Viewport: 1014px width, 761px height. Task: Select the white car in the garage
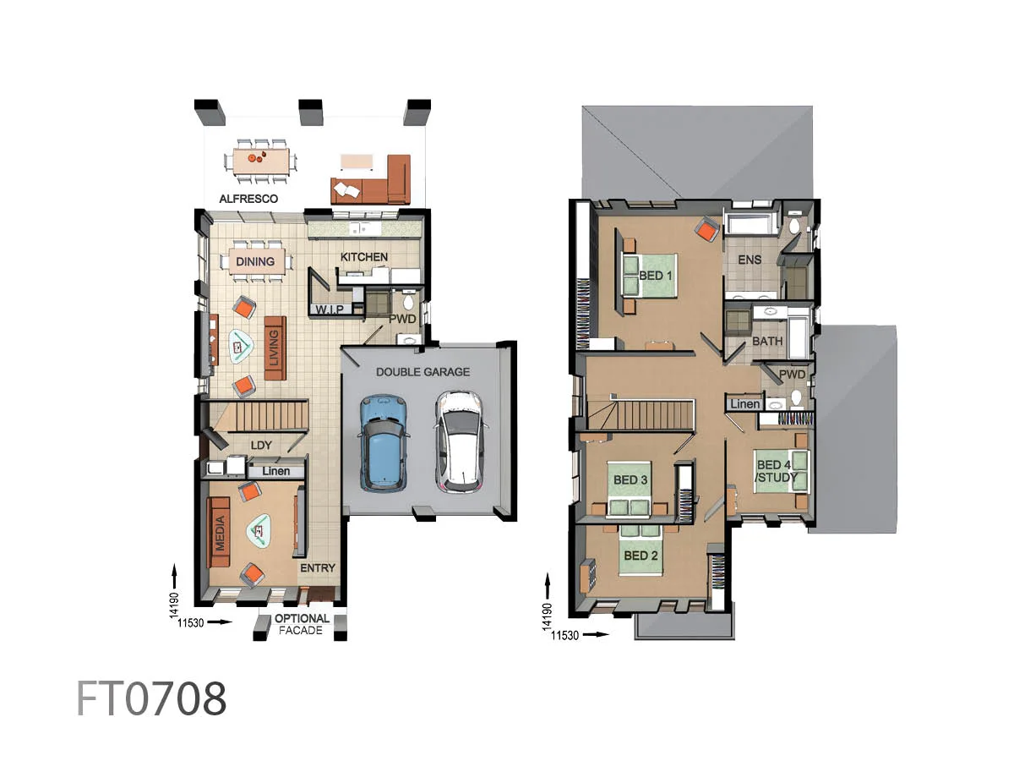(459, 441)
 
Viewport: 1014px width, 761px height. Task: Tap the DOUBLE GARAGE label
(422, 372)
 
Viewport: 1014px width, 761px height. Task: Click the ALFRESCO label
(248, 199)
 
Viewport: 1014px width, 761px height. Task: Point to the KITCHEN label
(364, 257)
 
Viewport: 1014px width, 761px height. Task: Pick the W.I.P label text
(330, 310)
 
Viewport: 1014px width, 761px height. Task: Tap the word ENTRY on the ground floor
(318, 568)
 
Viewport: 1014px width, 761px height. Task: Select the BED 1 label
(657, 276)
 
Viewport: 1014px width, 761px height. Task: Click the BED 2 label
(641, 556)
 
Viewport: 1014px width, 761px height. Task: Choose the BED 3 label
(630, 480)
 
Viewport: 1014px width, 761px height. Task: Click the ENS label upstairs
(750, 260)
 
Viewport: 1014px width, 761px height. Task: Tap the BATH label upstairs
(767, 342)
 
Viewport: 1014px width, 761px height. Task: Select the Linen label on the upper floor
(744, 404)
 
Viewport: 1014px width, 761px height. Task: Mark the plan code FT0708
(151, 699)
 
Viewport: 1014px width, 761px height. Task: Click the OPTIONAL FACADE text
(302, 624)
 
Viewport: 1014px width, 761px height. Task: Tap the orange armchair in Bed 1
(707, 227)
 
